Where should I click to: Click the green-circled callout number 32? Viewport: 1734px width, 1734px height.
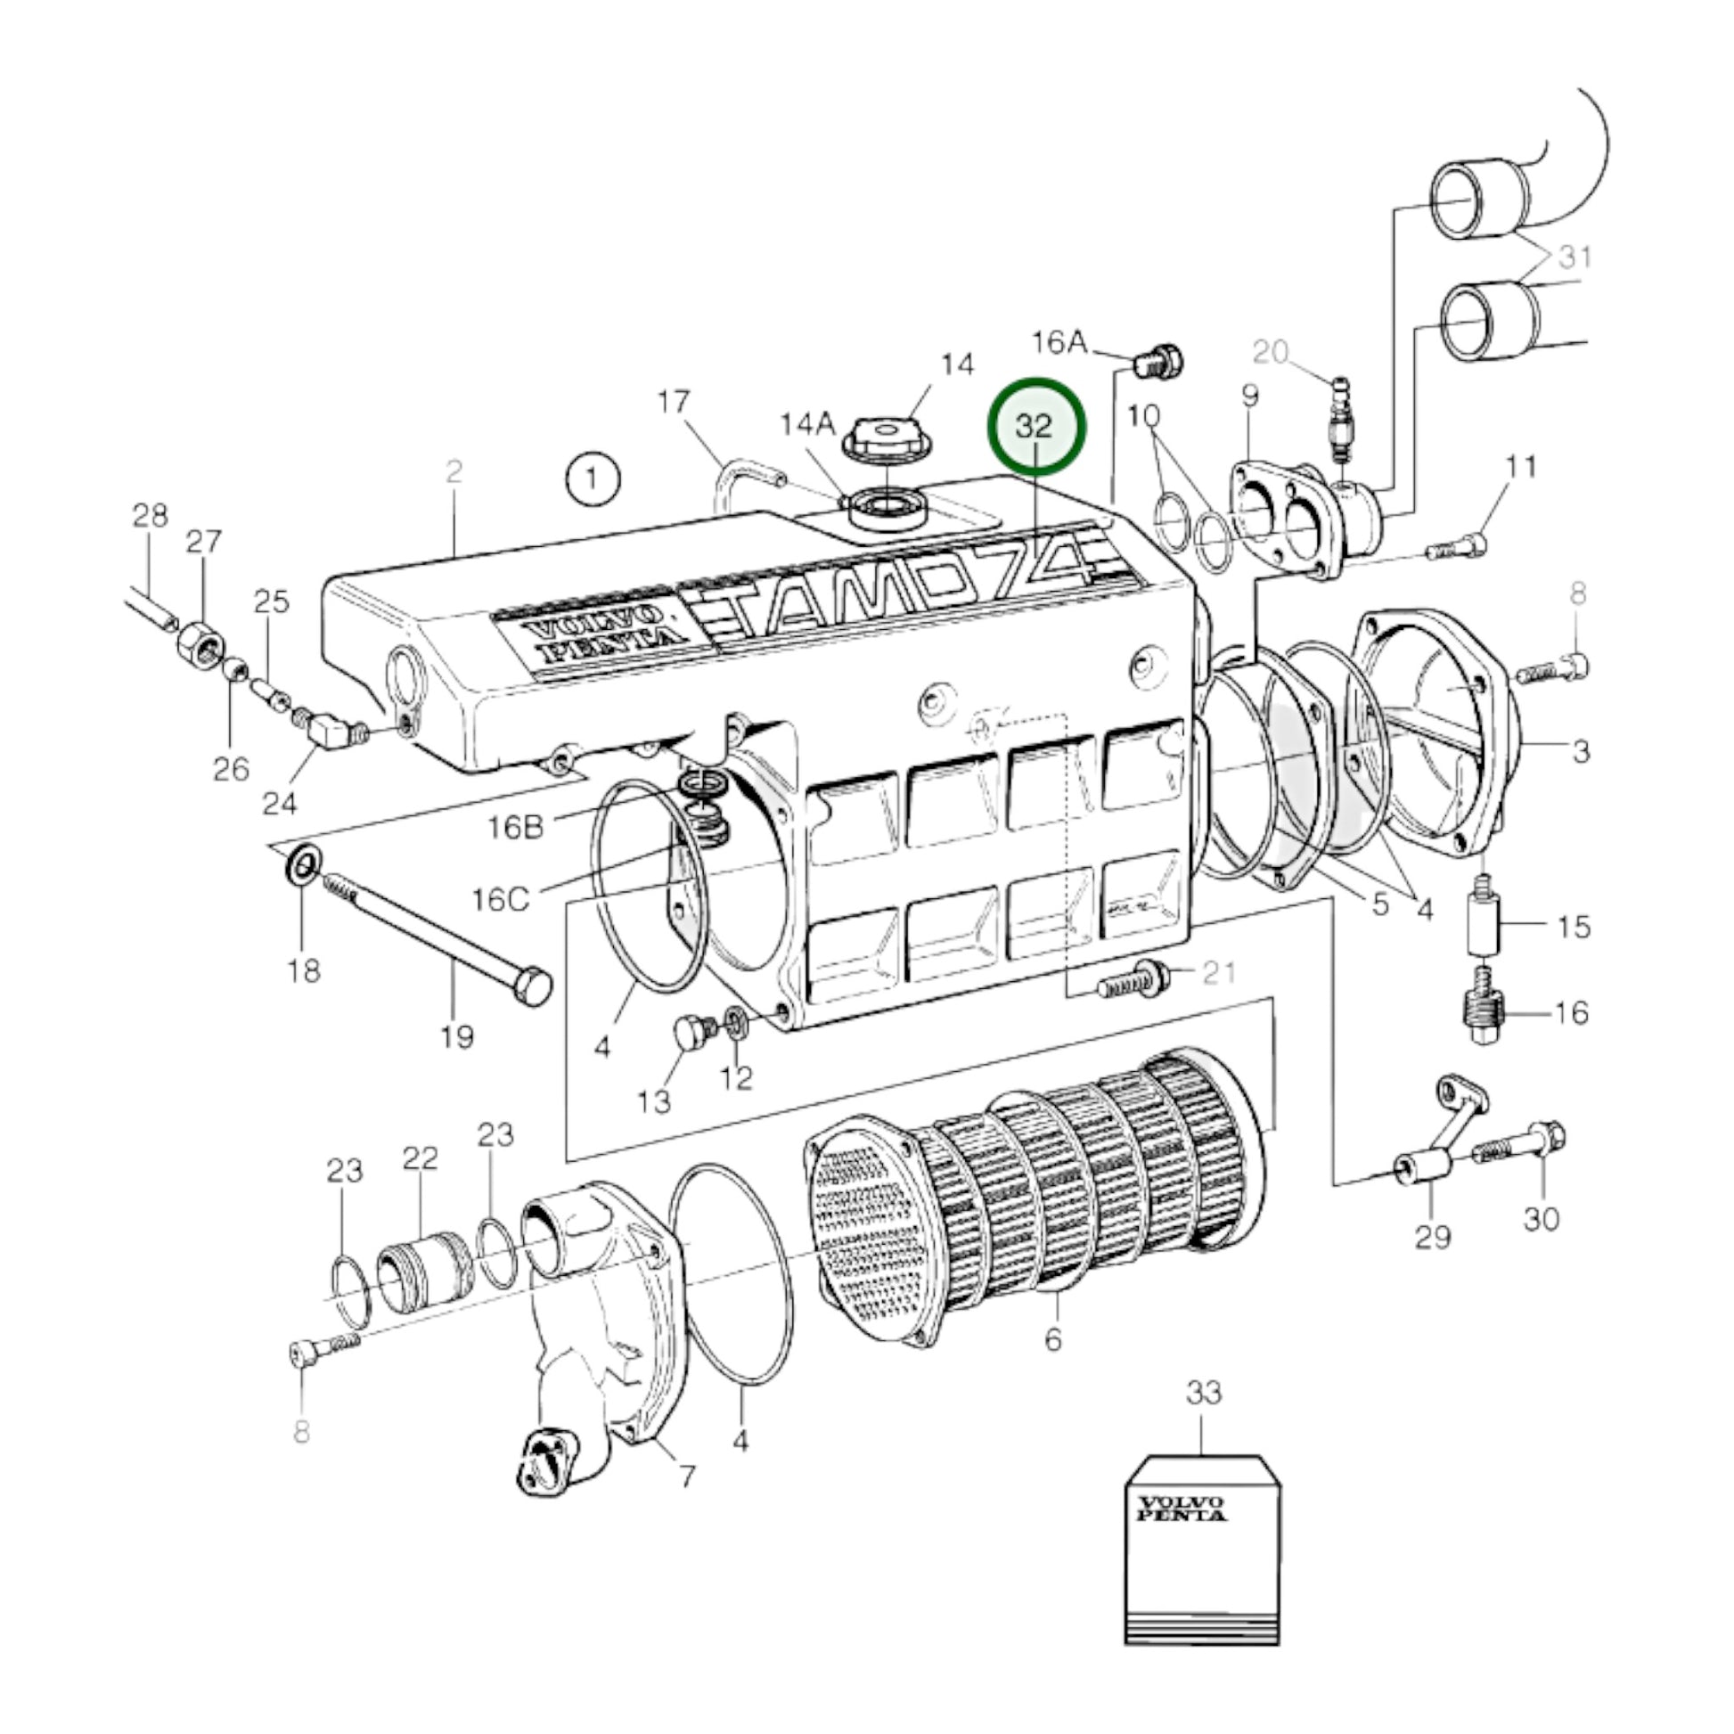1035,425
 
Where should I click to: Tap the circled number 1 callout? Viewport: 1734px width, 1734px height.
593,479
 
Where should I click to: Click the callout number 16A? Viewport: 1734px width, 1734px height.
1059,342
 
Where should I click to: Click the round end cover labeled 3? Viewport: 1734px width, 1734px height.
1436,727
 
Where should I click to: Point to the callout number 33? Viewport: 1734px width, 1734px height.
1204,1393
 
